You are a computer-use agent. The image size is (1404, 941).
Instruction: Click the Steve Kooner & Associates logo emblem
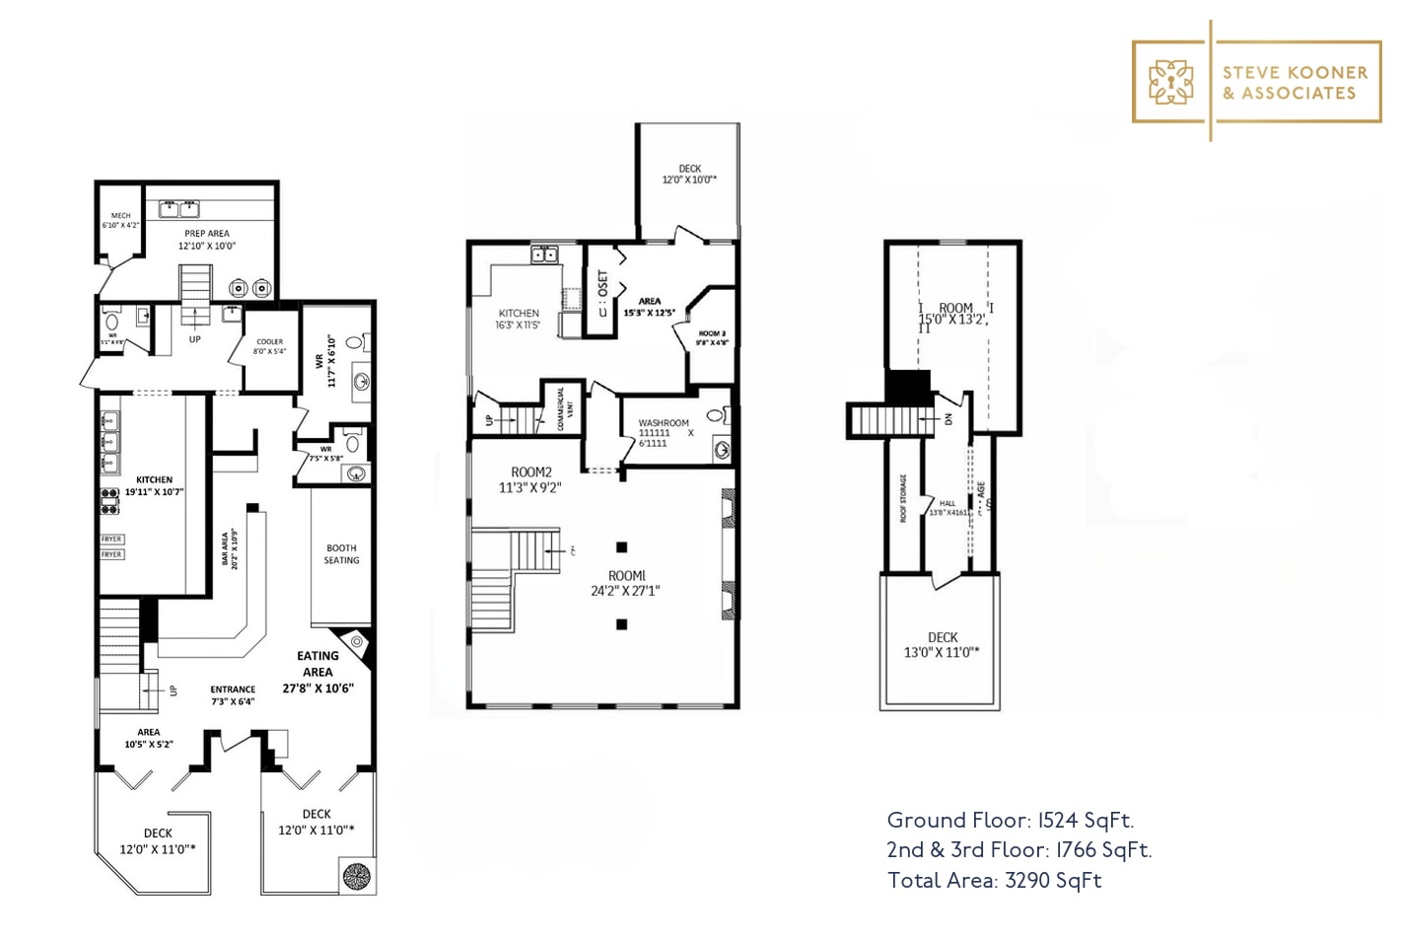pos(1170,82)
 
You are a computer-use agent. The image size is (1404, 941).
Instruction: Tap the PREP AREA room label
pos(206,240)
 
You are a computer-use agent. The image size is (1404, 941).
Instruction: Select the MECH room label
pos(120,220)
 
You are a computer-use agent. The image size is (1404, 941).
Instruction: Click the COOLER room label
pos(269,346)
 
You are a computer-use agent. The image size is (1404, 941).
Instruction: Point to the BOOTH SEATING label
pos(341,554)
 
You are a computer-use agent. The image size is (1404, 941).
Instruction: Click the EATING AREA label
pos(317,671)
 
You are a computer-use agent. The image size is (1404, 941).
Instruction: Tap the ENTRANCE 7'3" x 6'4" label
pos(233,695)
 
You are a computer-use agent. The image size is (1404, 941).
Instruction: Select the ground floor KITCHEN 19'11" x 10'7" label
pos(154,485)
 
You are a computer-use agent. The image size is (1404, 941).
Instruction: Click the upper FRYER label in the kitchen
pos(111,540)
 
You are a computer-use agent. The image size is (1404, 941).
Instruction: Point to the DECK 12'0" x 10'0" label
pos(689,175)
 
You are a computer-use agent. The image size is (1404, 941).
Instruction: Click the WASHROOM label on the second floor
pos(664,432)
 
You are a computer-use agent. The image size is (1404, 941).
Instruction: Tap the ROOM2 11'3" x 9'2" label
pos(530,479)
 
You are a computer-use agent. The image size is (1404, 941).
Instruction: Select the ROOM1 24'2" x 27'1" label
pos(625,583)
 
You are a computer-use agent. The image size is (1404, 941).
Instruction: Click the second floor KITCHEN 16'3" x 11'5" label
pos(519,319)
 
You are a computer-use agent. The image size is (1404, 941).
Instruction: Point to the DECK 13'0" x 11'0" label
pos(942,645)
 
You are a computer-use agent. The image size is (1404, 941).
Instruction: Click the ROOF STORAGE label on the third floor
pos(903,498)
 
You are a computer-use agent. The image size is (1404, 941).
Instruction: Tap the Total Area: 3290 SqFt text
pos(994,881)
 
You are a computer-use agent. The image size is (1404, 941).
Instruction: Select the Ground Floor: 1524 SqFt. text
pos(1010,821)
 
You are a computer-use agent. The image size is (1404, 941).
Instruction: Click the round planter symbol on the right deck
pos(356,875)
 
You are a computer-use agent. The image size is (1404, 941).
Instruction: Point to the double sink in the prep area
pos(178,208)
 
